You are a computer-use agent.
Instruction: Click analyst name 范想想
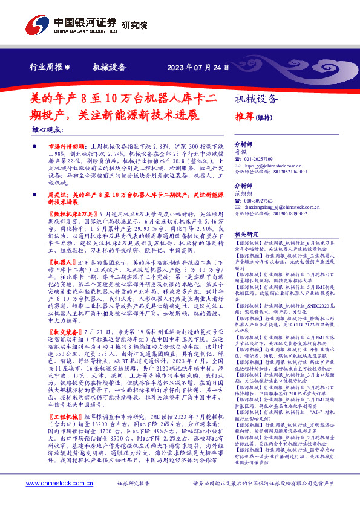[x=243, y=194]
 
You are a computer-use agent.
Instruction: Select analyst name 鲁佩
[x=240, y=153]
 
